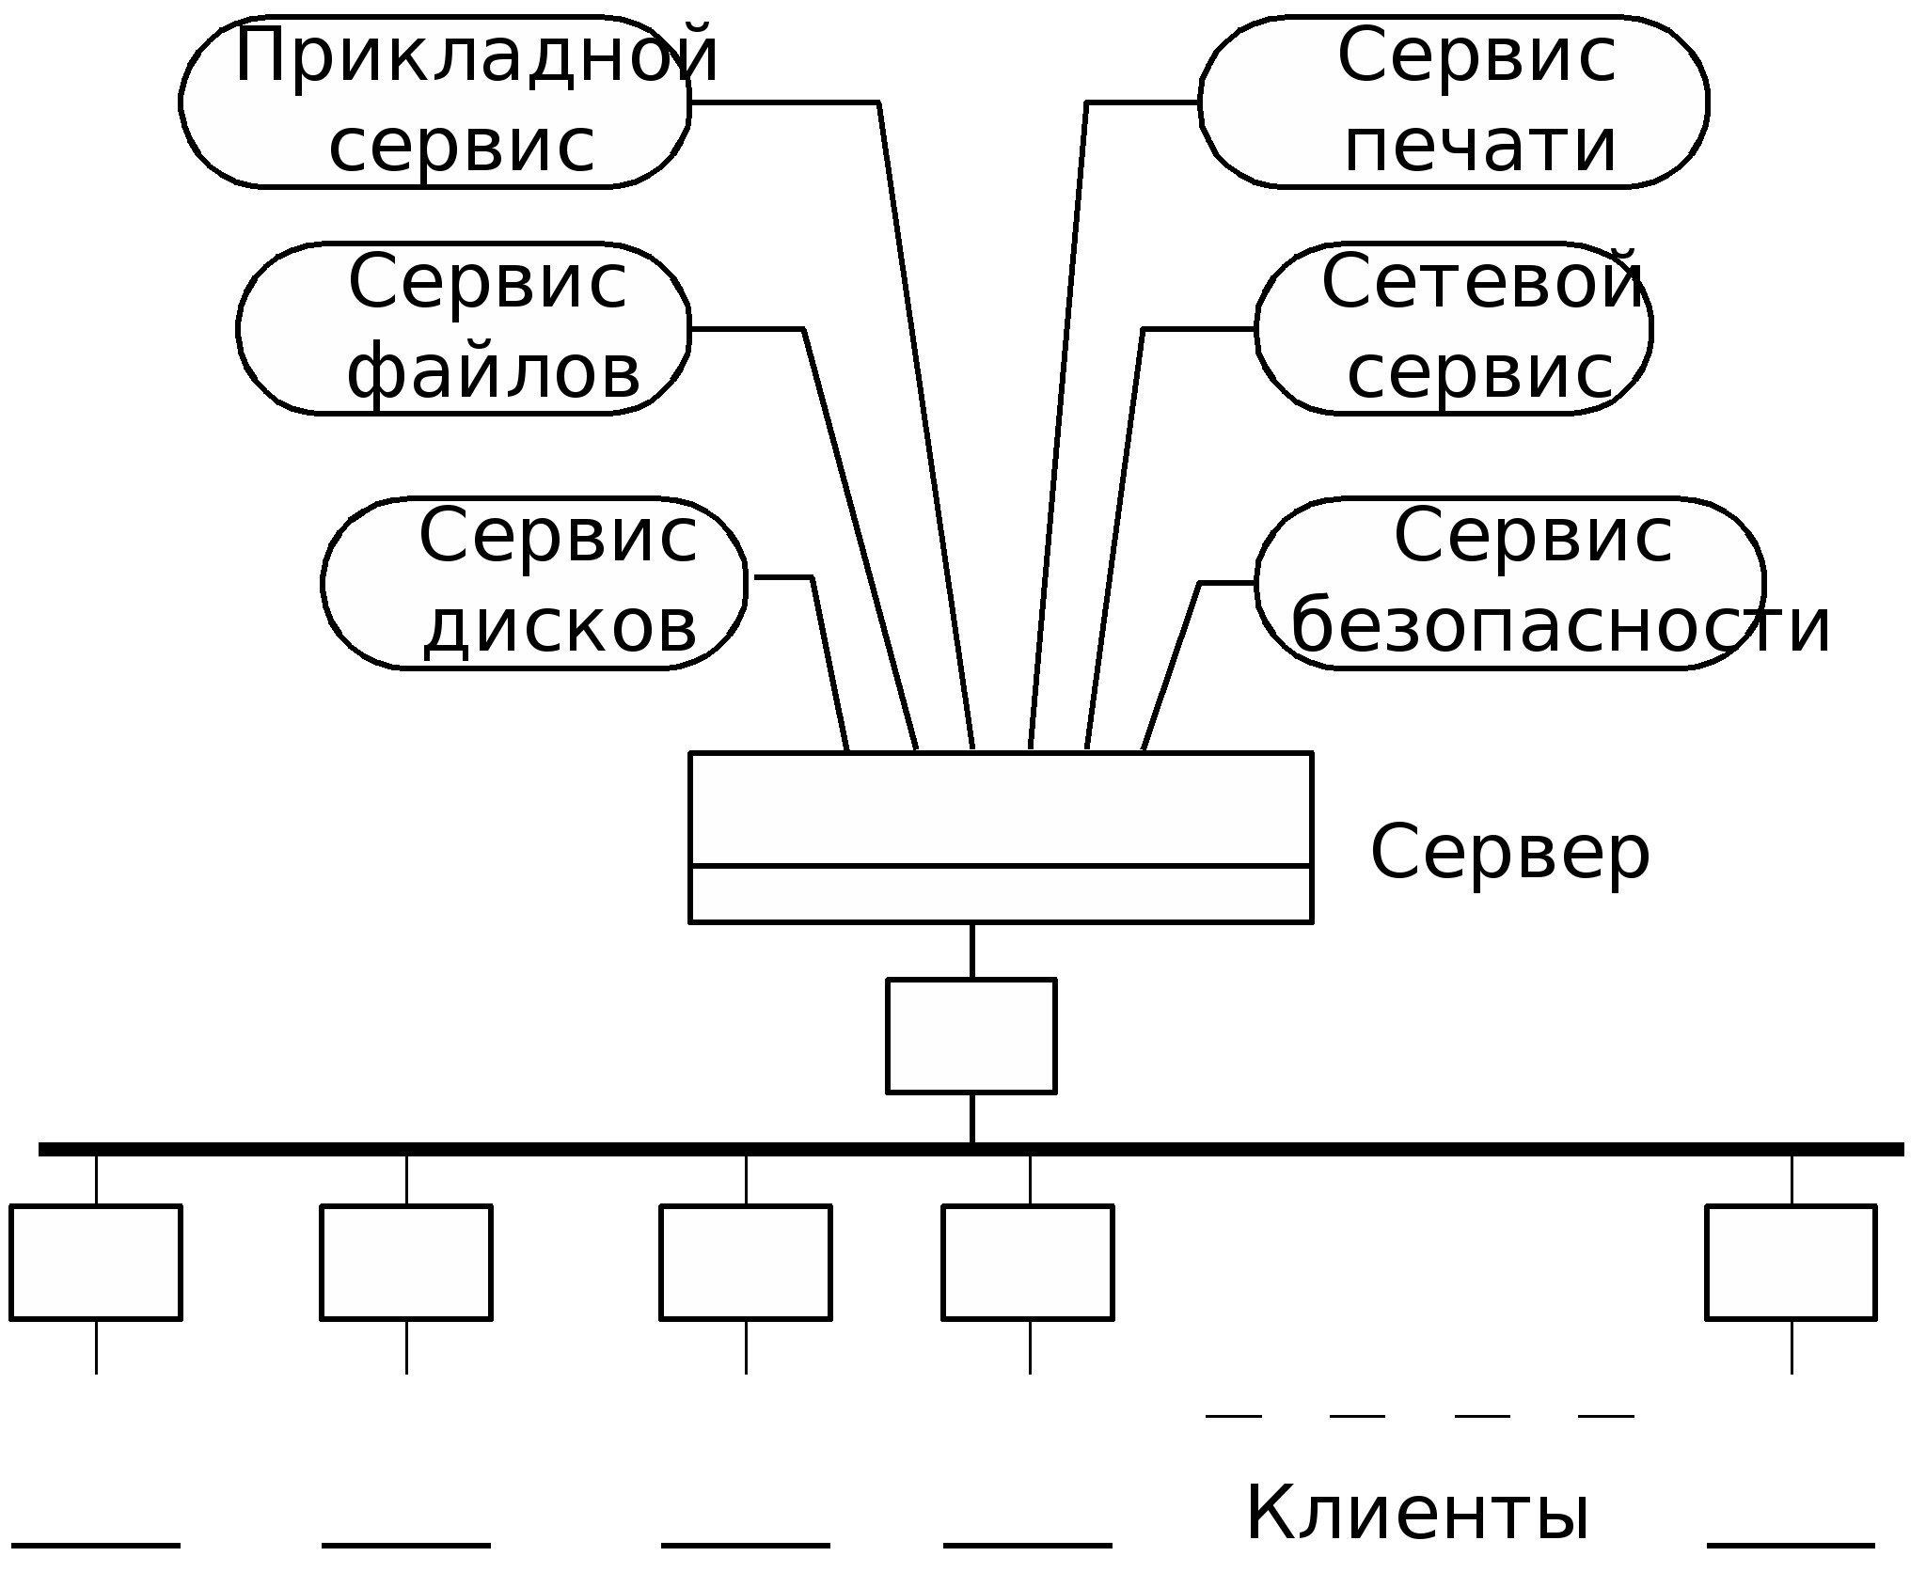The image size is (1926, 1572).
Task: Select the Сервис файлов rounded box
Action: click(x=464, y=329)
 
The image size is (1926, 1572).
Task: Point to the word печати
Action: click(x=1480, y=149)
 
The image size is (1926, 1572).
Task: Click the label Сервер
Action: click(x=1510, y=853)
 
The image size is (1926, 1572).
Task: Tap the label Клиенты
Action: click(x=1417, y=1513)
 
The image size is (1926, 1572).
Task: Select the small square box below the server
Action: click(x=971, y=1036)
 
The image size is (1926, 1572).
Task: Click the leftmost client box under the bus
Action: click(x=96, y=1263)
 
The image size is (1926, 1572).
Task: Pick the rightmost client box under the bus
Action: click(x=1792, y=1263)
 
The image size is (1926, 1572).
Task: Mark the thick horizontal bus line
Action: click(x=971, y=1149)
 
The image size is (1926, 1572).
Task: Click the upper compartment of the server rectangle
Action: click(x=1001, y=809)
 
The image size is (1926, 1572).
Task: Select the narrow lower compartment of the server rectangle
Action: click(x=1001, y=894)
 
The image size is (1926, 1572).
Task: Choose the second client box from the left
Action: click(x=406, y=1263)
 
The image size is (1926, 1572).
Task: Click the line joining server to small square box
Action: click(x=971, y=951)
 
